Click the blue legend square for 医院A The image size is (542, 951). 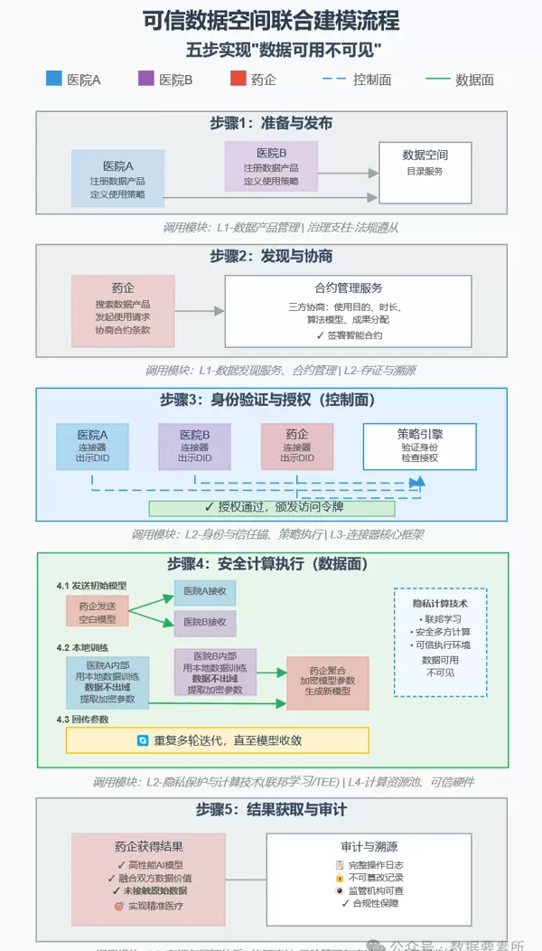tap(53, 79)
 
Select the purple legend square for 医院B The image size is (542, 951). tap(145, 79)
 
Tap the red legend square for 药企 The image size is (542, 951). tap(238, 79)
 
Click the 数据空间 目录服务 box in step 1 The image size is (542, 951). tap(425, 172)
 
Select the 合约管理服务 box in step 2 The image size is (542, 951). tap(348, 310)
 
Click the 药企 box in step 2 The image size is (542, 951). tap(123, 310)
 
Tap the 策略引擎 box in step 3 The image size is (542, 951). tap(420, 446)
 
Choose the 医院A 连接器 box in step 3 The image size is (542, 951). tap(92, 446)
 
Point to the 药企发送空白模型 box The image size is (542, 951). tap(97, 611)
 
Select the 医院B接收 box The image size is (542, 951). tap(205, 623)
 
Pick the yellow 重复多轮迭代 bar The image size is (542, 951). tap(217, 740)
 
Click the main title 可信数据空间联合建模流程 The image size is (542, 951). tap(271, 20)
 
